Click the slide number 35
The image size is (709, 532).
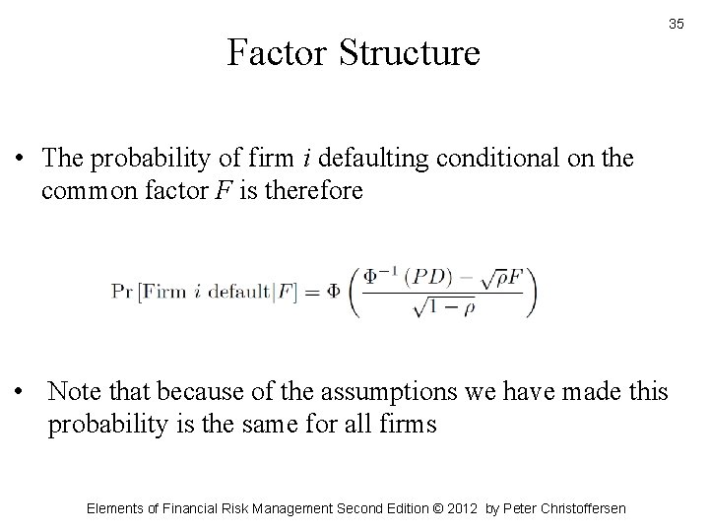tap(677, 23)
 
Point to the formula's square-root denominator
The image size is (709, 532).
tap(447, 308)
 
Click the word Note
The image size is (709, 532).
tap(75, 393)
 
